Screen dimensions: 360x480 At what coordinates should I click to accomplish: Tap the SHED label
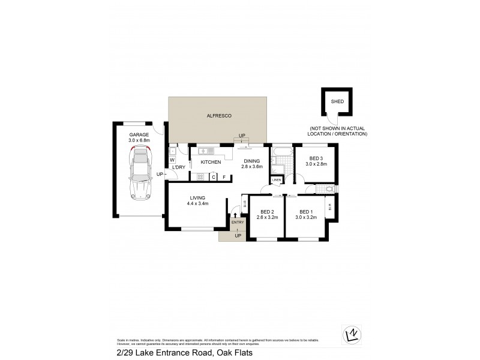(x=338, y=101)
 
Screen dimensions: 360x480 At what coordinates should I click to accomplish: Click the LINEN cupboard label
(x=277, y=179)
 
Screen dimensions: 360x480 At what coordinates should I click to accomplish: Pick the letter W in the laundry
(x=172, y=160)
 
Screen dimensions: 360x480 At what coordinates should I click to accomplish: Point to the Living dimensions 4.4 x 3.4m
(x=198, y=203)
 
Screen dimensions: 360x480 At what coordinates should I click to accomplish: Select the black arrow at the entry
(x=235, y=215)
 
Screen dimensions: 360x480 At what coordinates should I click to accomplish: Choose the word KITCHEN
(x=211, y=162)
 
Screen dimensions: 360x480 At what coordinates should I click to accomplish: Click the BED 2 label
(x=267, y=211)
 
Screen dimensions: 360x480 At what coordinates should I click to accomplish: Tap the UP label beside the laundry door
(x=160, y=175)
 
